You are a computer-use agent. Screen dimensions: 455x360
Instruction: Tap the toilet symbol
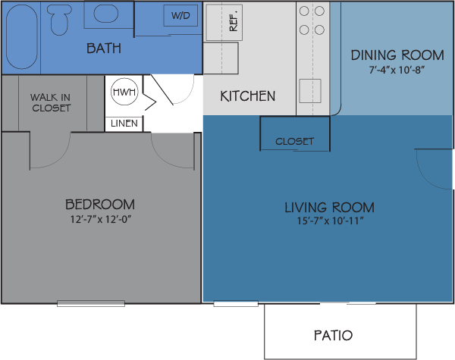click(x=59, y=20)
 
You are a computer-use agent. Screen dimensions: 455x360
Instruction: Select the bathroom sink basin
click(x=106, y=14)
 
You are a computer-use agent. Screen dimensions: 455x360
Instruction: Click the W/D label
click(x=180, y=15)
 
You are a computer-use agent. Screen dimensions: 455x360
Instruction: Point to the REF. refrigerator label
click(x=234, y=20)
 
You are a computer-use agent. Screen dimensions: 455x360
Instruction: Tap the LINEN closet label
click(x=124, y=124)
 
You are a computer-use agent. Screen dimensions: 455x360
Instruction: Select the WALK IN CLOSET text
click(x=51, y=102)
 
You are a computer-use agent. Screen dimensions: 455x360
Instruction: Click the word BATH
click(x=104, y=49)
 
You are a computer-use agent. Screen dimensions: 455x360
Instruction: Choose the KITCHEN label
click(x=248, y=96)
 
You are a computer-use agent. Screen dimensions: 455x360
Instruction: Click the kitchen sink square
click(x=310, y=91)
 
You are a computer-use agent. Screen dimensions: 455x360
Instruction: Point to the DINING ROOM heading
click(x=397, y=55)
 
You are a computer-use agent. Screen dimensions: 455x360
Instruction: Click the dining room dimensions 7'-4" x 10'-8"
click(x=397, y=70)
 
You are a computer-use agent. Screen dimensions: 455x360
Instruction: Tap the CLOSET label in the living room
click(x=294, y=141)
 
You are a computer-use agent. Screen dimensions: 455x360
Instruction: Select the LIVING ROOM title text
click(x=329, y=208)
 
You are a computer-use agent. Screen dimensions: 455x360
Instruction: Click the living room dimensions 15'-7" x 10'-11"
click(x=330, y=221)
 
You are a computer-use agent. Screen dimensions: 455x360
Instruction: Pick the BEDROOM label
click(x=100, y=205)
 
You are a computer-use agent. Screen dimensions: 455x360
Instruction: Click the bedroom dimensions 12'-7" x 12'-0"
click(x=100, y=219)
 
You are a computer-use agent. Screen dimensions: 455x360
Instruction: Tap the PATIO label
click(x=333, y=335)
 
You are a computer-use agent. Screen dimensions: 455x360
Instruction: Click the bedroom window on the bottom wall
click(x=91, y=303)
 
